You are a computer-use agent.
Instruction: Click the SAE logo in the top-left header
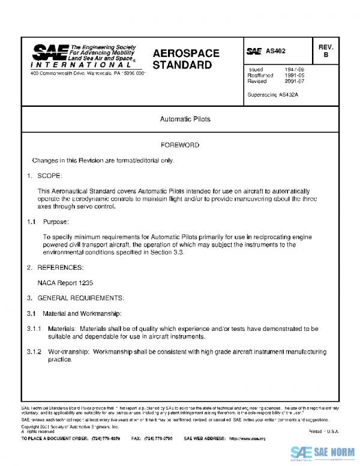coord(50,52)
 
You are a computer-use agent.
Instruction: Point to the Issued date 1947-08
coord(294,70)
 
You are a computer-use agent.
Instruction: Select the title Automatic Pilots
coord(185,120)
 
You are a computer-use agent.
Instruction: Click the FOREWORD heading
coord(180,145)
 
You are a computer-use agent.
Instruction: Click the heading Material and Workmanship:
coord(82,313)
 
